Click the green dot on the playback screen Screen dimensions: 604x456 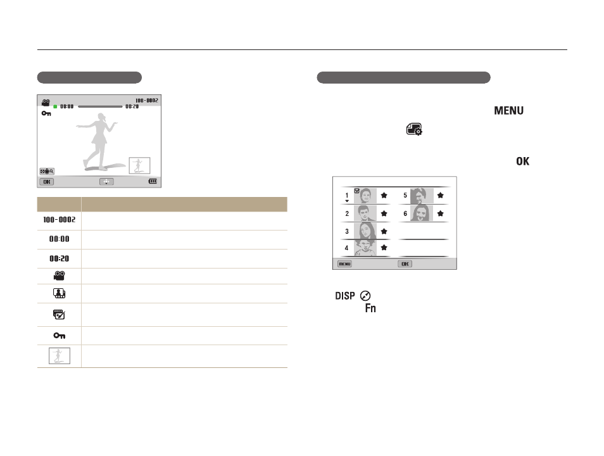tap(55, 106)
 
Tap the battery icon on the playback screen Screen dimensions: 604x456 tap(153, 181)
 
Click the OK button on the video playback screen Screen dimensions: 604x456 tap(47, 182)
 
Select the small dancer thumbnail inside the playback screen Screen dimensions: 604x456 tap(139, 165)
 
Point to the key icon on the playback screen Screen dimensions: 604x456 tap(46, 113)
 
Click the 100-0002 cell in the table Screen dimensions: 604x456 tap(60, 220)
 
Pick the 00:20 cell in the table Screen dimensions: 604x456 tap(60, 258)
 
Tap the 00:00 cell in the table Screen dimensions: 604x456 tap(60, 239)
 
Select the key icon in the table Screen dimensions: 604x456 tap(60, 336)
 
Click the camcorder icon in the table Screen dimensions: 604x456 tap(60, 275)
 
